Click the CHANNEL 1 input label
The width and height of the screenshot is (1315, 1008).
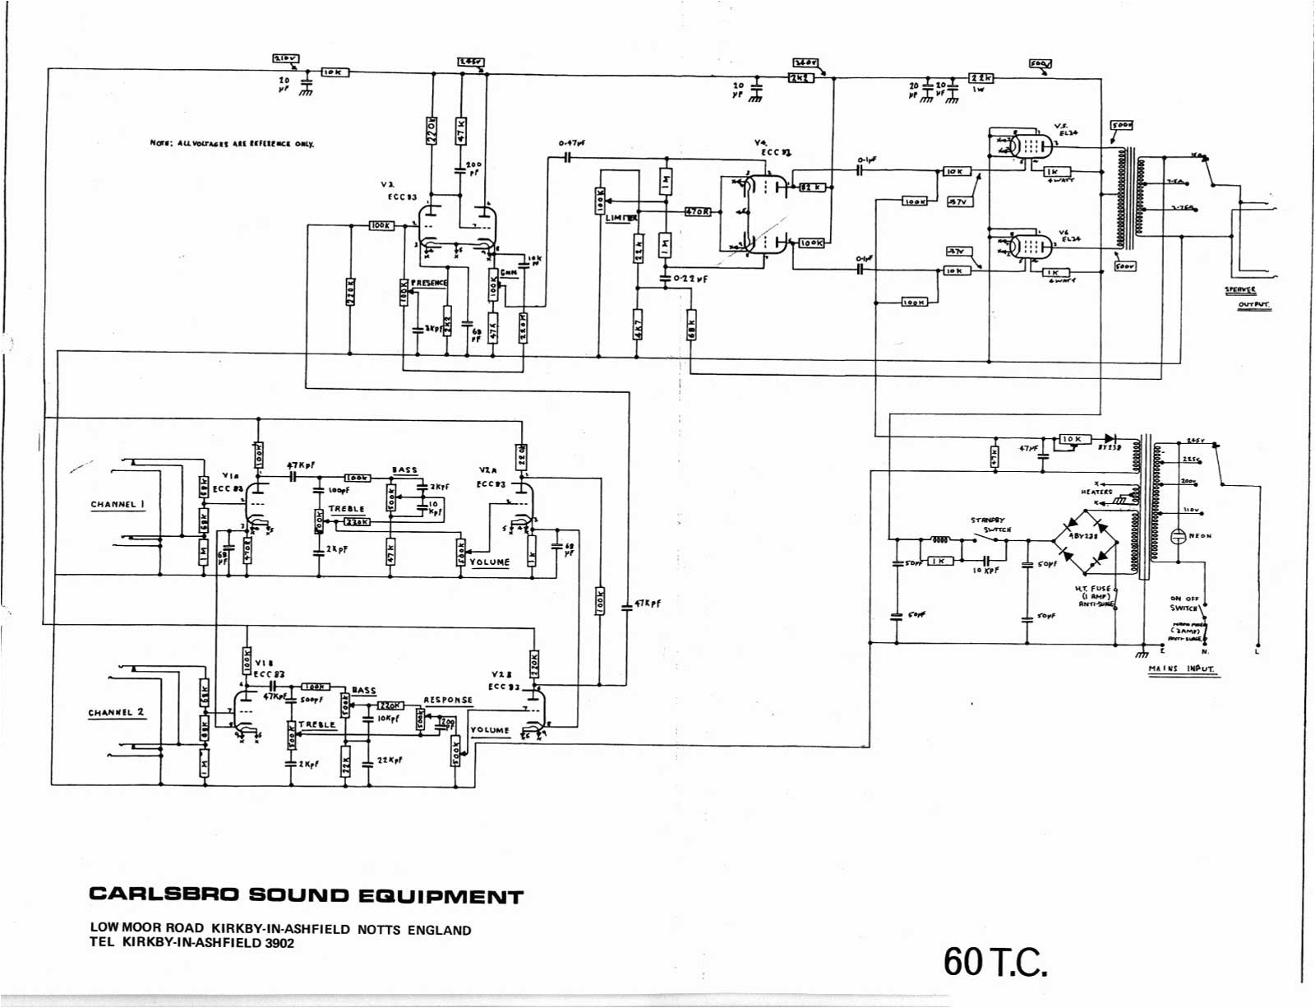tap(118, 504)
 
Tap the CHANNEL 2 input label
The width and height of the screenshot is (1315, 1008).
tap(116, 712)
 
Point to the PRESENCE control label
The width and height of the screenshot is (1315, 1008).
tap(429, 282)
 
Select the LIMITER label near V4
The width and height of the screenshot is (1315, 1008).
tap(621, 218)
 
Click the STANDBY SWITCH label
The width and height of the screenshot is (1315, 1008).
tap(990, 525)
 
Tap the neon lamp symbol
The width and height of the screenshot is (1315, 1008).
tap(1177, 536)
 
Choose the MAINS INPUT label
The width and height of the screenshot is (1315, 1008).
tap(1181, 668)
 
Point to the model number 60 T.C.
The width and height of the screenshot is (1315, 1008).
tap(995, 960)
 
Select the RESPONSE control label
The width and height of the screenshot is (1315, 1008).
tap(448, 700)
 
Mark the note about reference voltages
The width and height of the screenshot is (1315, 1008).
tap(232, 143)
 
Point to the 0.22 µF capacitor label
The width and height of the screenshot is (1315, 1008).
tap(690, 279)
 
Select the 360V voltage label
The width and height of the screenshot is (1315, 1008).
tap(805, 62)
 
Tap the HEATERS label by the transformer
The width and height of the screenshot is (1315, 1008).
tap(1096, 492)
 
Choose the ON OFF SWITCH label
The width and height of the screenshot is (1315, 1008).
tap(1184, 603)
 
